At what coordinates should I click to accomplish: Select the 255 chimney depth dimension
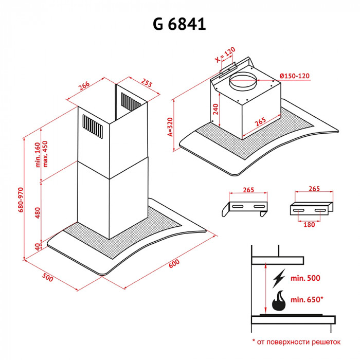pyautogui.click(x=147, y=84)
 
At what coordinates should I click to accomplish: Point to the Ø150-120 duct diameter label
pyautogui.click(x=295, y=76)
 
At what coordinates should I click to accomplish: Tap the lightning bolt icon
pyautogui.click(x=279, y=278)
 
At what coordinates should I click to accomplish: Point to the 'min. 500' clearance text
pyautogui.click(x=305, y=278)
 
